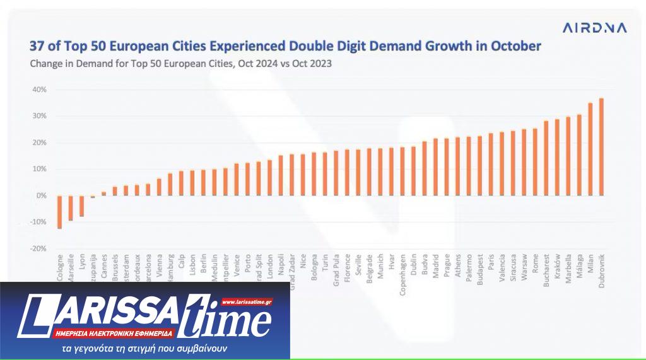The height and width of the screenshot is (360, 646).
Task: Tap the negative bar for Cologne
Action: click(59, 212)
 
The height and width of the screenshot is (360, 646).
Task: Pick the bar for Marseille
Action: click(71, 208)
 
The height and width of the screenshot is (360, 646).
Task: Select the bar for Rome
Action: click(535, 162)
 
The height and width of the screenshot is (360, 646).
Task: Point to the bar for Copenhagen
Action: click(402, 171)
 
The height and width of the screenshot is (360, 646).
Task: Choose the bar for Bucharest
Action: click(546, 158)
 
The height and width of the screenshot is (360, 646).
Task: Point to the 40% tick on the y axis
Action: click(39, 90)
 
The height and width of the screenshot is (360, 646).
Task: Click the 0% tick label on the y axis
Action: click(41, 195)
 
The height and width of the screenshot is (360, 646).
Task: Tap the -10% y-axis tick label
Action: click(38, 222)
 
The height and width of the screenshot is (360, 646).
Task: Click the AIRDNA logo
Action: click(594, 28)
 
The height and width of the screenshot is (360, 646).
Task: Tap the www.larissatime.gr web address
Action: click(247, 302)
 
